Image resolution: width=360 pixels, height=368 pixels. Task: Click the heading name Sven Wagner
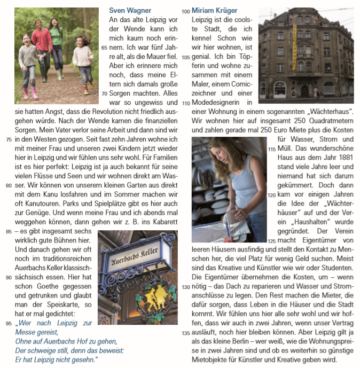(130, 10)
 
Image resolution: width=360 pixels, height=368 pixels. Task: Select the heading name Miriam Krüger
(214, 10)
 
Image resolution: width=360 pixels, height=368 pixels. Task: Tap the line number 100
(185, 11)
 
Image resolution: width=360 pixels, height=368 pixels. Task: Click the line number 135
(185, 333)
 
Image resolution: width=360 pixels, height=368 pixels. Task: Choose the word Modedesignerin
(215, 102)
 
